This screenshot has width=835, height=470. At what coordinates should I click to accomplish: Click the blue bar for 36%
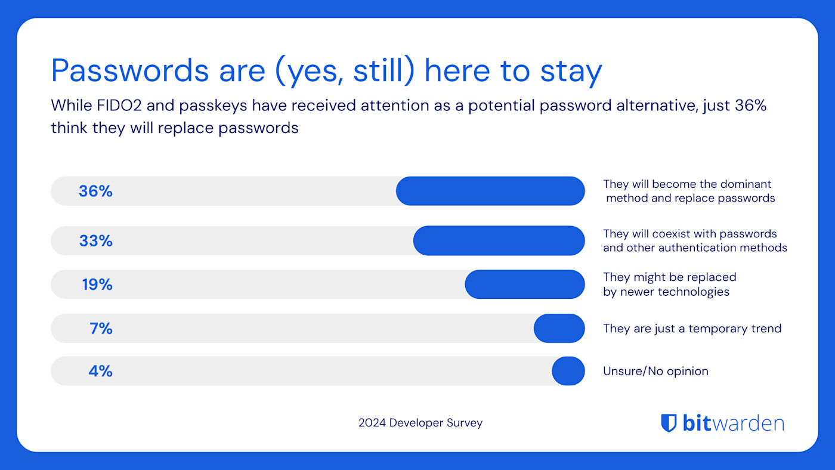[x=490, y=191]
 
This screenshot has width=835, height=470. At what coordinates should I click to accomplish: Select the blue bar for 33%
[x=499, y=240]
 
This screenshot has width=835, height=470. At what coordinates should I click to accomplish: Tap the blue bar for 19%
[x=525, y=285]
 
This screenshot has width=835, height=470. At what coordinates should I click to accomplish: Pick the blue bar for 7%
[x=559, y=328]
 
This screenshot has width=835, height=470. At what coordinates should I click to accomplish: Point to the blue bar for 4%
[x=568, y=371]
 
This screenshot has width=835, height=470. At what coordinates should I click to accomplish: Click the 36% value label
[x=95, y=191]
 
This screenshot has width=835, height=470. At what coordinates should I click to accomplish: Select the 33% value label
[x=95, y=241]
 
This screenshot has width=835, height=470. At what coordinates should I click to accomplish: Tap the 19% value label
[x=97, y=285]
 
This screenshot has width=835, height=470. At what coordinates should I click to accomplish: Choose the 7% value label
[x=101, y=329]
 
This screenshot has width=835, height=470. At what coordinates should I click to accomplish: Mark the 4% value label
[x=100, y=372]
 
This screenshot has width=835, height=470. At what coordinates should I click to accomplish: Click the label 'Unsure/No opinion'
[x=655, y=371]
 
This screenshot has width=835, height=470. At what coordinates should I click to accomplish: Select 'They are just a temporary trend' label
[x=692, y=329]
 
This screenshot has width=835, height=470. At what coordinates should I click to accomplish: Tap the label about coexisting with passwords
[x=695, y=240]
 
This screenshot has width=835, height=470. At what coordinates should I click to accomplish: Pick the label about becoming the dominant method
[x=689, y=191]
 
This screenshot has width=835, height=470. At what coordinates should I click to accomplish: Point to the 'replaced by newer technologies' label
[x=669, y=285]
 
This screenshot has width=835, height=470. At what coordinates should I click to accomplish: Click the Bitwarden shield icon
[x=669, y=423]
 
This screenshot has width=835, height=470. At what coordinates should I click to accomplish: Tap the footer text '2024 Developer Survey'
[x=420, y=423]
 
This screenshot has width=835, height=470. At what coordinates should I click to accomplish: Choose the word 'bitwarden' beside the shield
[x=733, y=423]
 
